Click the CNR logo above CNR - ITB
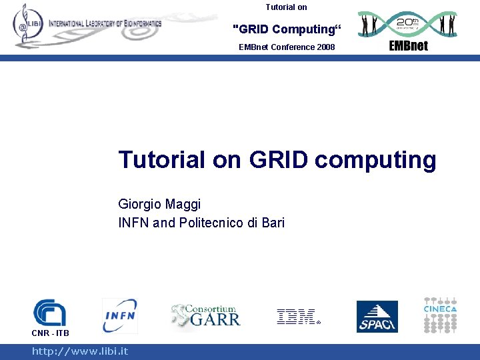point(49,312)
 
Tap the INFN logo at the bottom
point(119,315)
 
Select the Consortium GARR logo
point(205,315)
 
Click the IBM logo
point(296,317)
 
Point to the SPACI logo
point(377,317)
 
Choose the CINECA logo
point(440,315)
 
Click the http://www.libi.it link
point(80,351)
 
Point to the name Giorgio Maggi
point(159,204)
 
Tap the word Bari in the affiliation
point(272,223)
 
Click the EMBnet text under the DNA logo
point(408,45)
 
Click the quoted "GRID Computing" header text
point(286,29)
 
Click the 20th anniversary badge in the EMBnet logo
point(407,23)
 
